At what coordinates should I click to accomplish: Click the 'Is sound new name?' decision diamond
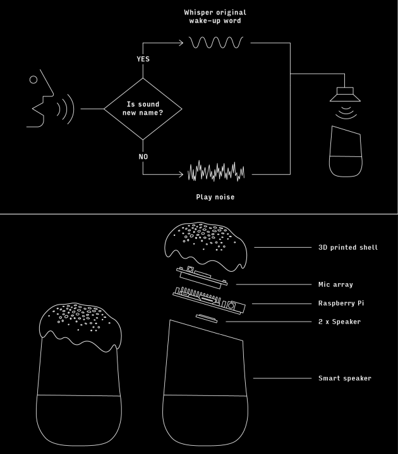(142, 108)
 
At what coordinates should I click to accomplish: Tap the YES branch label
(143, 59)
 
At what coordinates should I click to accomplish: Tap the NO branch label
(143, 156)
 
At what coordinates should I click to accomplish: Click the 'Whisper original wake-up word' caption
(215, 16)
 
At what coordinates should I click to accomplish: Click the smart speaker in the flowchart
(346, 151)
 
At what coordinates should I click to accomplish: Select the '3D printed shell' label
(348, 247)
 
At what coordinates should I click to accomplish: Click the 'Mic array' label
(335, 284)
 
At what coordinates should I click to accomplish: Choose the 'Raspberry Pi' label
(341, 303)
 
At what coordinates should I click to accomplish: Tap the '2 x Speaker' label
(339, 322)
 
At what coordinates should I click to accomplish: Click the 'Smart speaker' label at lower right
(344, 378)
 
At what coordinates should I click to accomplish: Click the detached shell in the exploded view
(203, 243)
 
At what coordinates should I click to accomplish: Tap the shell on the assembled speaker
(80, 325)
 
